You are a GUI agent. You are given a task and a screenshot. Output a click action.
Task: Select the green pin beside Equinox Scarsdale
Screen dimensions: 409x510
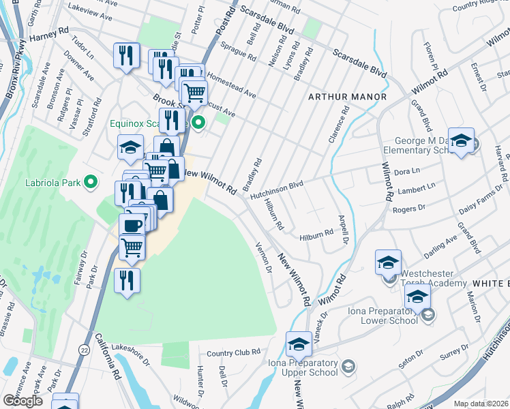pyautogui.click(x=198, y=123)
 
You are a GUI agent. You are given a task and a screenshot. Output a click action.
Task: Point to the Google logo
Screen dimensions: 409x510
pyautogui.click(x=22, y=401)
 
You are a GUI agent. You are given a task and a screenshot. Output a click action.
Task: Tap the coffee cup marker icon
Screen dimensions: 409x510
pyautogui.click(x=131, y=225)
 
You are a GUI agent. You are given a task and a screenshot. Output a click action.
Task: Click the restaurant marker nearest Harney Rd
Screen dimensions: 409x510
pyautogui.click(x=125, y=56)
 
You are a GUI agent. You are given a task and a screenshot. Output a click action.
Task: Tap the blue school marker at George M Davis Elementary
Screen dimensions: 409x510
pyautogui.click(x=461, y=140)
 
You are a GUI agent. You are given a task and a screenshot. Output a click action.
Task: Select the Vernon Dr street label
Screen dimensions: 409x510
pyautogui.click(x=263, y=258)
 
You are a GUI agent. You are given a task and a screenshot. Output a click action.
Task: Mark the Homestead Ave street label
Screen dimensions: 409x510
pyautogui.click(x=231, y=85)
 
